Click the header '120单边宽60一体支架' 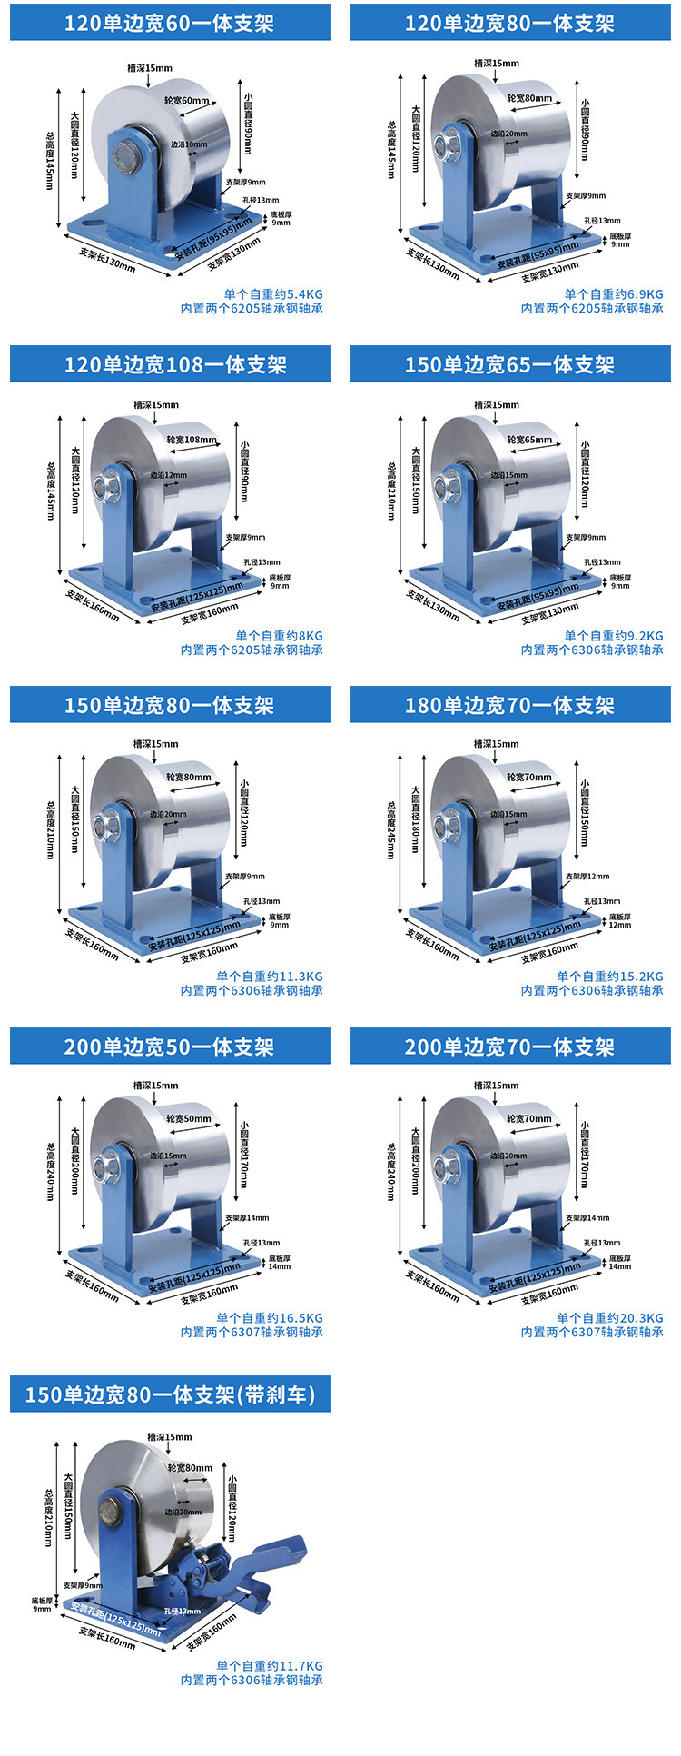point(170,23)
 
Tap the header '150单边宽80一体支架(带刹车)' point(170,1394)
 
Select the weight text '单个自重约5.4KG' point(273,294)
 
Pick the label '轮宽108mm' point(192,440)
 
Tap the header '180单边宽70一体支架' point(510,705)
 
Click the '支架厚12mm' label point(587,877)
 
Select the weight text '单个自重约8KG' point(279,636)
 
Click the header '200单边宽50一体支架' point(170,1047)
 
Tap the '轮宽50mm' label point(189,1118)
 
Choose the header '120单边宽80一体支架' point(510,23)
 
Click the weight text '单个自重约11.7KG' point(269,1666)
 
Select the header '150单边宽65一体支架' point(510,364)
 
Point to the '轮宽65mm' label point(529,440)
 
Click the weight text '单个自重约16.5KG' point(269,1317)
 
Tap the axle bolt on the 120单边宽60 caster point(130,157)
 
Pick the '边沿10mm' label point(189,144)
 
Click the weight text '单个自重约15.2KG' point(609,977)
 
